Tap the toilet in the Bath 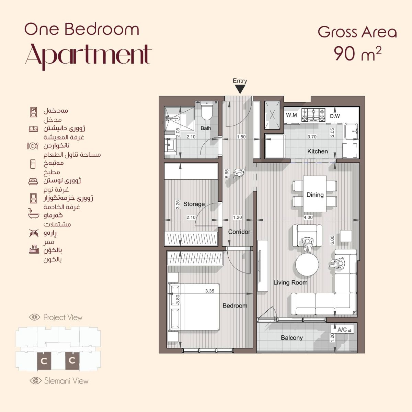207,111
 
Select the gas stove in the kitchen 313,115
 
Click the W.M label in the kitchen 291,115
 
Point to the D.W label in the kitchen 335,116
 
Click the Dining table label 315,195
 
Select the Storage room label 194,204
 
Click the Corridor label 239,232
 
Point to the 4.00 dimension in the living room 308,217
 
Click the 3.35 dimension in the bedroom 209,291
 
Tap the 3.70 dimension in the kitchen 312,137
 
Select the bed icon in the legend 33,181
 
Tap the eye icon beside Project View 34,317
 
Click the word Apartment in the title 88,56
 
